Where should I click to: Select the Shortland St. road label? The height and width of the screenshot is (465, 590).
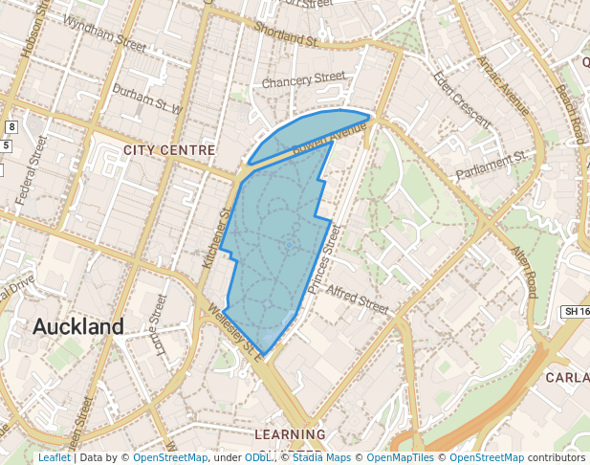[287, 34]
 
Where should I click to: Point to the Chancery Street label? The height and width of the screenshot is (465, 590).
[303, 78]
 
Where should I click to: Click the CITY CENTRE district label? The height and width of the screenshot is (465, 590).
[169, 150]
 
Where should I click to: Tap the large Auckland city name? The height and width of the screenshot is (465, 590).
[78, 326]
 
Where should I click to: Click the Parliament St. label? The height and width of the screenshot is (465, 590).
[492, 161]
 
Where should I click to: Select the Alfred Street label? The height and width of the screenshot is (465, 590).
[358, 298]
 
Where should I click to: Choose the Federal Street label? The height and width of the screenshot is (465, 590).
[32, 168]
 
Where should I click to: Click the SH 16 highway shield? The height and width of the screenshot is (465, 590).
[575, 312]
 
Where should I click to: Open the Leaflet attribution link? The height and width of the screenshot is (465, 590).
[55, 457]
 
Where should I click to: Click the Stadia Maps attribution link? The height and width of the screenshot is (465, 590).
[319, 457]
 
